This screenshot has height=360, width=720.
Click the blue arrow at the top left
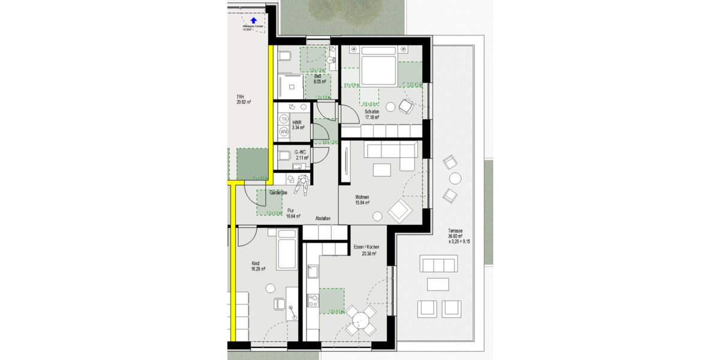[x=253, y=20]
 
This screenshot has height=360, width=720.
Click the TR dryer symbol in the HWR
[x=283, y=119]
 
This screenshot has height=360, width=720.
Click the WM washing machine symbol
[x=283, y=131]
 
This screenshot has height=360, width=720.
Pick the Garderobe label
[x=278, y=193]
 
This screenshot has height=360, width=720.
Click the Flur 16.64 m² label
[x=293, y=213]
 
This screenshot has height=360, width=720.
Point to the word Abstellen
[x=323, y=218]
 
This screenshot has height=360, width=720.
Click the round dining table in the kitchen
[x=360, y=321]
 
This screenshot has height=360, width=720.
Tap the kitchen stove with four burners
[x=313, y=299]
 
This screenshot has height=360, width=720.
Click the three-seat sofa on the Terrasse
[x=439, y=264]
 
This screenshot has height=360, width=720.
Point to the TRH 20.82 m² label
[x=243, y=100]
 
